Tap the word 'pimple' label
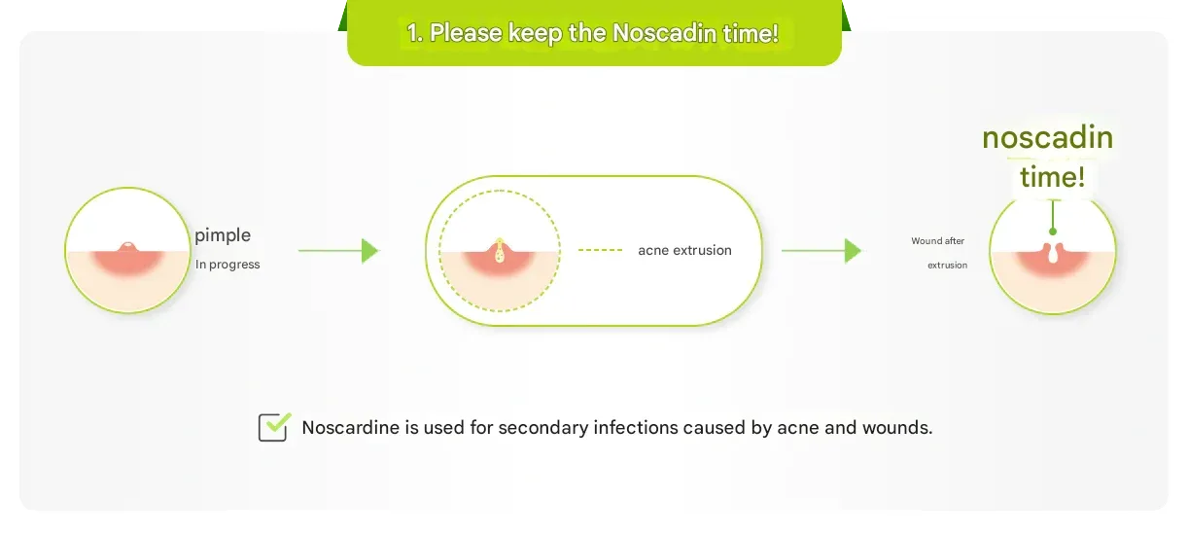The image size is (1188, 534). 223,235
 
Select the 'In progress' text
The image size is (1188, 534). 227,265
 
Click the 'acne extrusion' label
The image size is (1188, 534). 684,250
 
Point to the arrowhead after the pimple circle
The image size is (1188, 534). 370,251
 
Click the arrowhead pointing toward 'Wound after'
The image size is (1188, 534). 853,251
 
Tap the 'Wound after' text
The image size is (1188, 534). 938,241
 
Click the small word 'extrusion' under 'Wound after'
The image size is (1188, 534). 947,265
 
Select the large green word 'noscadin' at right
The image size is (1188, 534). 1047,137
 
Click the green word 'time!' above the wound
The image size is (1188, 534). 1052,177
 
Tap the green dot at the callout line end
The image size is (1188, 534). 1053,231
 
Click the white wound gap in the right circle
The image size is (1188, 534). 1053,253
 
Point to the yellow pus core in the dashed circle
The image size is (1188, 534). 499,252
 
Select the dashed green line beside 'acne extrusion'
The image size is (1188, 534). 600,249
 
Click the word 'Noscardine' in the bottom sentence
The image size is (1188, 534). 351,427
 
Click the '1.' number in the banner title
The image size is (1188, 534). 415,33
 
